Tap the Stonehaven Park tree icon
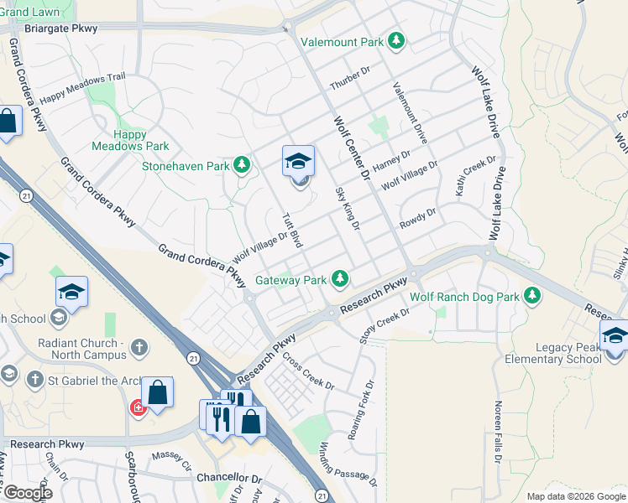tap(243, 166)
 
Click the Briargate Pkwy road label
tap(61, 28)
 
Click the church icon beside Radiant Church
tap(141, 346)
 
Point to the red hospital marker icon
tap(137, 408)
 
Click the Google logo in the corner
tap(27, 494)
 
